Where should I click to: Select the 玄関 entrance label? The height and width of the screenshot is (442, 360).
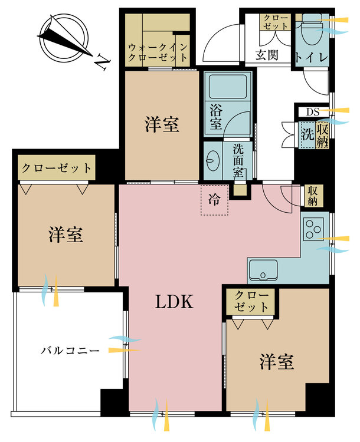(267, 55)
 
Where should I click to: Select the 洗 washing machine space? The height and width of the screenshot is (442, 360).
(307, 133)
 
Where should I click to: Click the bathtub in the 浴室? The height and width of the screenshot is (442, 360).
(227, 88)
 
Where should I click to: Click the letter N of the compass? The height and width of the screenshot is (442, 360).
(102, 60)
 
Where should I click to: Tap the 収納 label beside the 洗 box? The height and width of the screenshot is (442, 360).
(323, 133)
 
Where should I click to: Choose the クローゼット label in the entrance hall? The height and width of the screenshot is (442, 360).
(276, 22)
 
